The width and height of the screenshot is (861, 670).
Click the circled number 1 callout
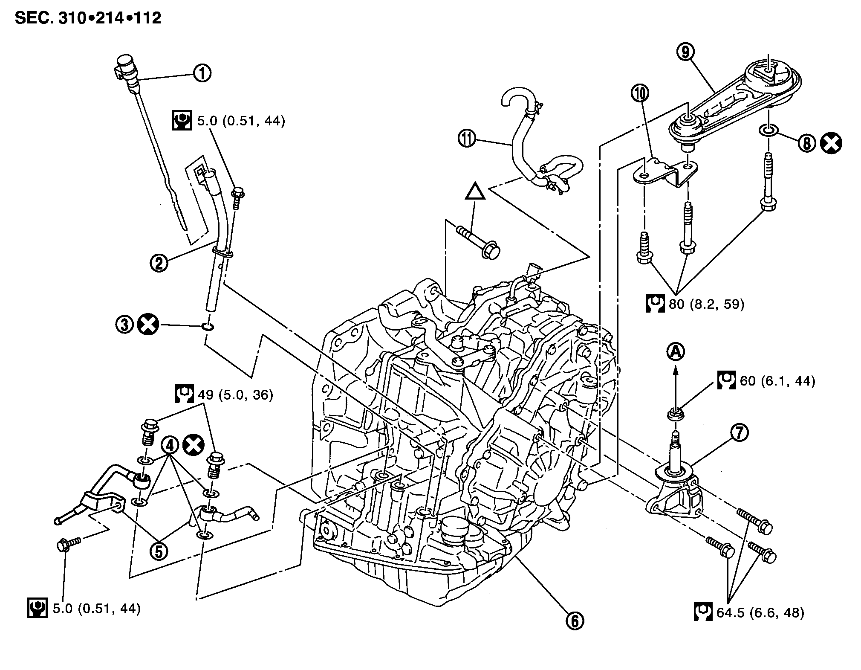point(202,73)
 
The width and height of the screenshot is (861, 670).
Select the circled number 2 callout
point(159,263)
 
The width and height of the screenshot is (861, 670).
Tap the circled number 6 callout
point(574,621)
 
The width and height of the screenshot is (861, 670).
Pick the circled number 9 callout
point(685,52)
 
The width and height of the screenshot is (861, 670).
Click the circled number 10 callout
point(640,93)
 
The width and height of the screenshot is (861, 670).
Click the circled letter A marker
point(675,351)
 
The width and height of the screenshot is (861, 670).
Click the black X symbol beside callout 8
point(831,143)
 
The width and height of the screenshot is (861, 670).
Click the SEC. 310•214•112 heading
point(88,18)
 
